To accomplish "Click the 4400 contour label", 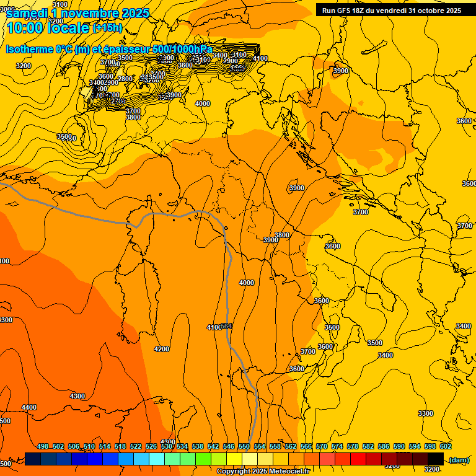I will coord(29,407).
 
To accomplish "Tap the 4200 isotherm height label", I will coord(161,349).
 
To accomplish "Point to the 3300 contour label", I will coord(425,413).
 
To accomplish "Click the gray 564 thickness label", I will coord(226,326).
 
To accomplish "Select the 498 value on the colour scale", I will coord(43,446).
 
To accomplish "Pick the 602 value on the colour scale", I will coord(445,446).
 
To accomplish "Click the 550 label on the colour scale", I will coord(244,446).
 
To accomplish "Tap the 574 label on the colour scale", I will coord(337,446).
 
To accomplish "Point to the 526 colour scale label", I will coord(151,446).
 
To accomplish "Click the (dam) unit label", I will coord(459,460).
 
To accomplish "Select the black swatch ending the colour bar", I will coord(436,459).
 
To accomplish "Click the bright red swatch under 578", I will coord(358,459).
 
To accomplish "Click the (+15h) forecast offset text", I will coord(107,28).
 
